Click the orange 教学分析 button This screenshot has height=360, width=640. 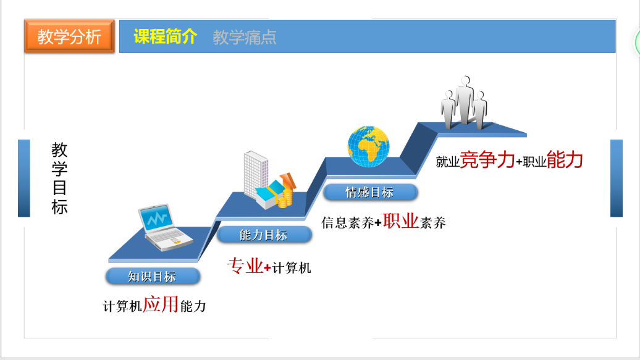pos(69,36)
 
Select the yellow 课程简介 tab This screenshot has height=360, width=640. pos(166,36)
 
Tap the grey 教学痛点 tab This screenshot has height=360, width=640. pos(244,38)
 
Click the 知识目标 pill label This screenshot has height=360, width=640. pos(153,276)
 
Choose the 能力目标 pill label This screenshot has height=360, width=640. pos(264,235)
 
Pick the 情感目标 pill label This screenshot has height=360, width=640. pos(370,192)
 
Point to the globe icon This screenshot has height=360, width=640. pos(368,146)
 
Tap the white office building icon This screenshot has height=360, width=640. pos(256,175)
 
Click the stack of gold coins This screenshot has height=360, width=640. pos(285,198)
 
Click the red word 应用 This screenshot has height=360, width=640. pos(161,304)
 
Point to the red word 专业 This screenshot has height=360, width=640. pos(245,266)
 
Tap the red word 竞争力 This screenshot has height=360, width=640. pos(487,159)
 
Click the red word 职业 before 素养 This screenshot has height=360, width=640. pos(401,221)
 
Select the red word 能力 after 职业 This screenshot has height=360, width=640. pos(565,159)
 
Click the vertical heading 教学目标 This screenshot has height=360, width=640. pos(59,178)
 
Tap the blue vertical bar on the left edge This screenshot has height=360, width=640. pos(24,178)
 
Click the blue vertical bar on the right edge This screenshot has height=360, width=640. pos(617,178)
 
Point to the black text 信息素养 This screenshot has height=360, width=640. pos(347,223)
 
